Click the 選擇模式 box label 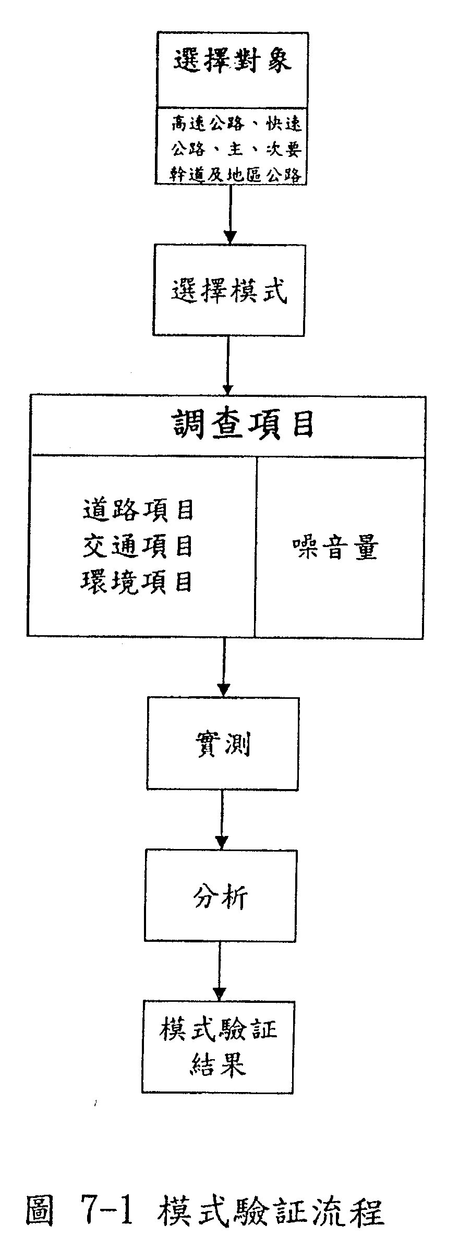coord(229,291)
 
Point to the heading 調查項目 coord(243,425)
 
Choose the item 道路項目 coord(138,510)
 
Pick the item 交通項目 coord(138,546)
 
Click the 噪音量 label coord(334,548)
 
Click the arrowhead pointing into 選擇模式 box coord(230,237)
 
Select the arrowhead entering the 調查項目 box coord(227,390)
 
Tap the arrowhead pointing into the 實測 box coord(223,690)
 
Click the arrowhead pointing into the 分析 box coord(222,843)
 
